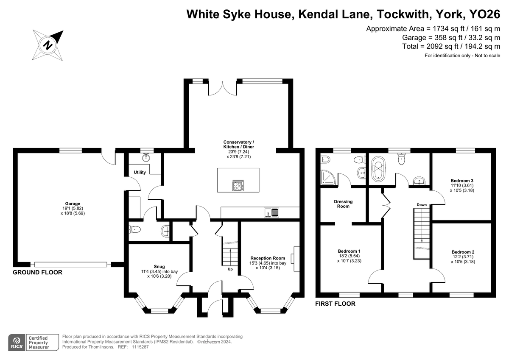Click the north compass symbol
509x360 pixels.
click(48, 45)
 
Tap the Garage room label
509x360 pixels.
click(73, 204)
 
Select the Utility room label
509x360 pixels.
click(140, 173)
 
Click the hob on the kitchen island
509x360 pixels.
click(238, 186)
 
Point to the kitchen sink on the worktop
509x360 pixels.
click(271, 213)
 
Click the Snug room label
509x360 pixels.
click(159, 267)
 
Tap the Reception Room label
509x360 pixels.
click(268, 258)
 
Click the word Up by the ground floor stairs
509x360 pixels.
click(230, 269)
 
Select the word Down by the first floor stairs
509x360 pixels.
click(422, 205)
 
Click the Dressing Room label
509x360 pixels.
click(343, 204)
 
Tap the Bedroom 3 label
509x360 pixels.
click(462, 181)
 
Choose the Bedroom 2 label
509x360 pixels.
click(463, 252)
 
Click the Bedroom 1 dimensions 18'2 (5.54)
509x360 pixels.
click(349, 256)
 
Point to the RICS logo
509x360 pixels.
click(17, 342)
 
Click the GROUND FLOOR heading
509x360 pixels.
click(37, 272)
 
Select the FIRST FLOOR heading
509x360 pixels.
click(335, 304)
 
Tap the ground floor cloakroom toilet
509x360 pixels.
click(135, 229)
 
